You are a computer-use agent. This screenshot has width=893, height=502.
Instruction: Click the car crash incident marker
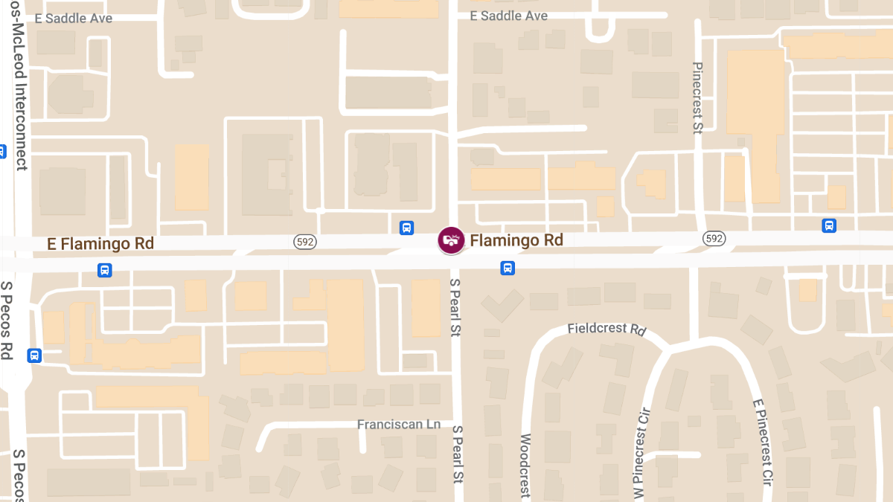tap(449, 240)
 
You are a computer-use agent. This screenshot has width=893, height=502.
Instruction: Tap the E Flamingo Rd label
tap(100, 243)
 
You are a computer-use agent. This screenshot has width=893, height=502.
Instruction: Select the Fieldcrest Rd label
tap(606, 328)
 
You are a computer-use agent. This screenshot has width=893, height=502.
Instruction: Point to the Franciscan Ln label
tap(399, 424)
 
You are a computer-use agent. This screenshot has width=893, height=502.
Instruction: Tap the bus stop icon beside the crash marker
tap(406, 228)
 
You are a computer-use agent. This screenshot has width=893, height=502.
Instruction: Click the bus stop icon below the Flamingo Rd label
tap(508, 268)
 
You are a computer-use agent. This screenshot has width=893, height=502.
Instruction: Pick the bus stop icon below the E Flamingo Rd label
tap(105, 270)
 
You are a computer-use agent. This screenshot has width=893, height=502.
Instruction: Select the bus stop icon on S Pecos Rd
tap(33, 355)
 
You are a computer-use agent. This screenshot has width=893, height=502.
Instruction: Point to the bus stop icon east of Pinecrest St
tap(829, 225)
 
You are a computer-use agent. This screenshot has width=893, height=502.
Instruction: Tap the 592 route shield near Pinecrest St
tap(714, 238)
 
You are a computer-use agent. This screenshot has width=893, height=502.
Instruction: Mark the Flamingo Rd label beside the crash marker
tap(516, 240)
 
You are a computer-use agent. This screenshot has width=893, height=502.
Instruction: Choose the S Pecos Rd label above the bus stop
tap(8, 320)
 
